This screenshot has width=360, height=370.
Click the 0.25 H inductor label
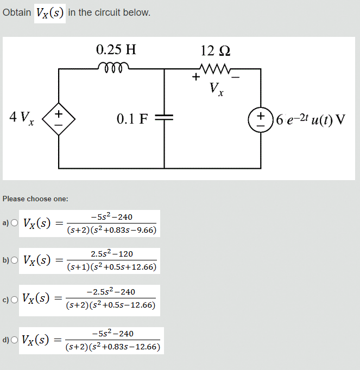(x=116, y=50)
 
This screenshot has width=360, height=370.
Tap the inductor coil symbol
(x=114, y=67)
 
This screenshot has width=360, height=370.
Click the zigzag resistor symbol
(x=216, y=68)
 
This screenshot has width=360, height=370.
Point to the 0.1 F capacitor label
(x=132, y=119)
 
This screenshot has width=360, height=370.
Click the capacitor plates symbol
(x=163, y=118)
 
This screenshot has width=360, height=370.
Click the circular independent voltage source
(x=261, y=119)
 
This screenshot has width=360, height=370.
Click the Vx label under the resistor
(x=216, y=88)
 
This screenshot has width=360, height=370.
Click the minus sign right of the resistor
(x=236, y=77)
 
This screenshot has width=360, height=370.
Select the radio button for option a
(x=14, y=223)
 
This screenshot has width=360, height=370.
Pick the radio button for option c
(x=14, y=298)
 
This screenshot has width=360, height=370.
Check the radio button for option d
(x=14, y=340)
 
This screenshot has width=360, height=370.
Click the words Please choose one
(x=35, y=199)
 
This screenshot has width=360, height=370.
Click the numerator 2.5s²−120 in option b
(x=112, y=254)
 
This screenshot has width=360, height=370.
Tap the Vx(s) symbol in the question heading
(x=50, y=12)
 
